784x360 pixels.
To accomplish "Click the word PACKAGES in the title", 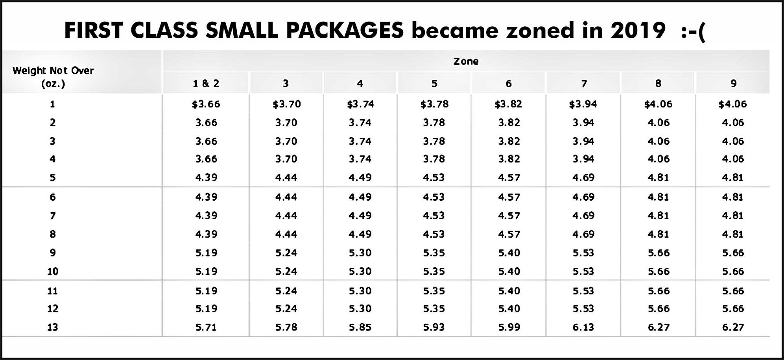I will [x=345, y=30].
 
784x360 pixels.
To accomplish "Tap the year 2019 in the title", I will [x=638, y=30].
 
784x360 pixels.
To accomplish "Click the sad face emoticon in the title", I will [x=694, y=30].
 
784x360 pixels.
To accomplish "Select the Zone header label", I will [x=466, y=61].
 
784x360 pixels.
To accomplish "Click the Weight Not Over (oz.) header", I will [x=53, y=77].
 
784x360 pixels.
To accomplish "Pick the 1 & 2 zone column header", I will [x=206, y=83].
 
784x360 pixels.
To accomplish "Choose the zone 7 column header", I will [x=584, y=83].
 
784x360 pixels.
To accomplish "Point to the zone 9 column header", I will [x=733, y=83].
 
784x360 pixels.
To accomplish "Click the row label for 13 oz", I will [x=53, y=327].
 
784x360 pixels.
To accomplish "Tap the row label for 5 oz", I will [x=53, y=177].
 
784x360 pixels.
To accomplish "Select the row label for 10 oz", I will [x=53, y=271].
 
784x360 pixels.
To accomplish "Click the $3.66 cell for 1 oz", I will [x=206, y=104].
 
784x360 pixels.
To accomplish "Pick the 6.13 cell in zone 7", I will [x=583, y=327].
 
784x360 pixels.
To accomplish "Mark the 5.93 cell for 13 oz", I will [x=434, y=327].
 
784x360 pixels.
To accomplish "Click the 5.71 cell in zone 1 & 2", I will [x=206, y=327].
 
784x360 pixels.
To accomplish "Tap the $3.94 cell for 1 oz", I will [x=583, y=104].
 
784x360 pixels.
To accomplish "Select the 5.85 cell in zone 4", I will [x=360, y=327].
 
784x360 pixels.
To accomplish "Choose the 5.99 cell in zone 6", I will [x=509, y=327].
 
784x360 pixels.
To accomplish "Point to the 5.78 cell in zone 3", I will [x=286, y=327].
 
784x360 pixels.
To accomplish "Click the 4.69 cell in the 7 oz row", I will [x=583, y=216].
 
